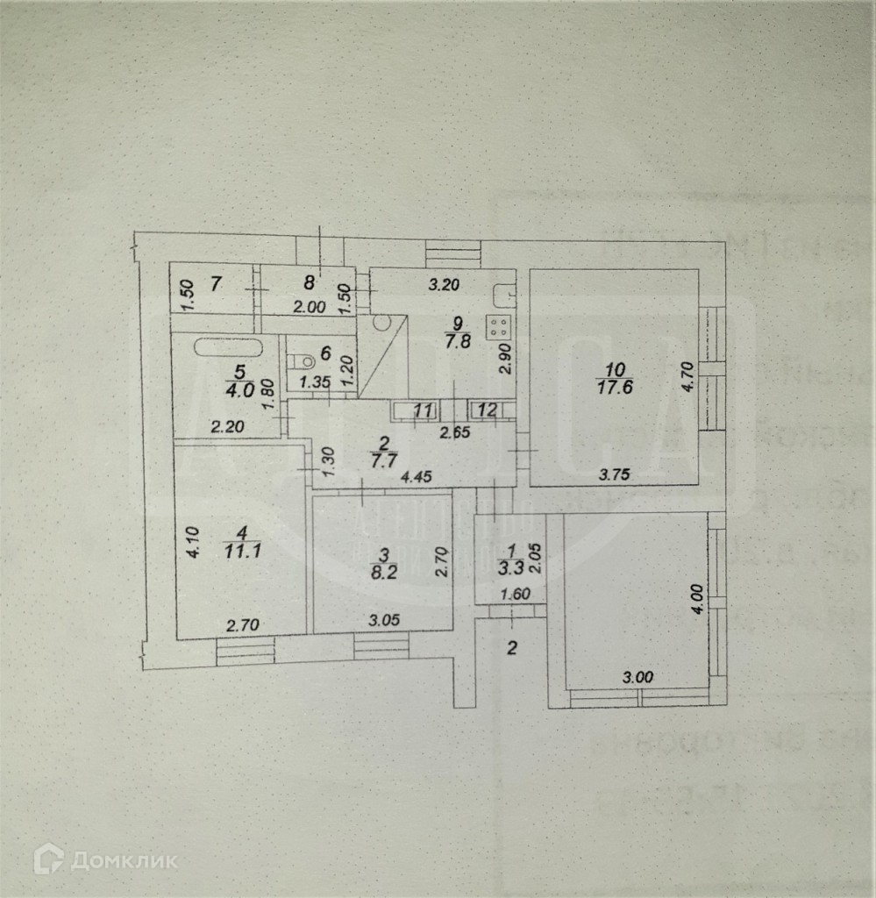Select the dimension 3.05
click(x=383, y=620)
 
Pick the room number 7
click(x=217, y=283)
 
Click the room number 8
click(x=308, y=282)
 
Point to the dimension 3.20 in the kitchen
click(x=444, y=283)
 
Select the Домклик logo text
click(x=124, y=860)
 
